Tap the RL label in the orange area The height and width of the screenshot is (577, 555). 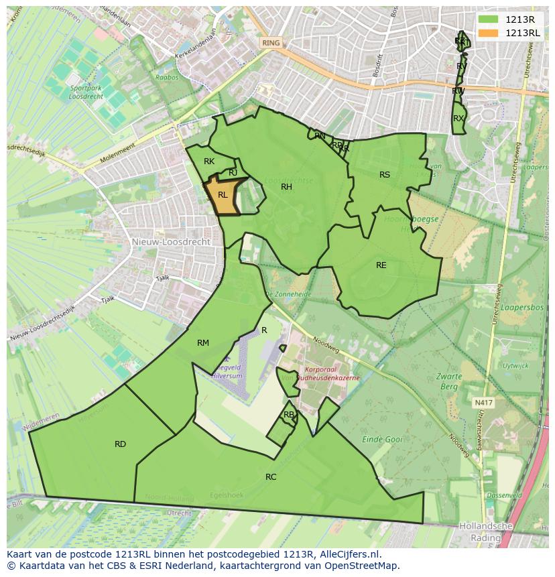click(x=223, y=195)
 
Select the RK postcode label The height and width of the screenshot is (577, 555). click(x=209, y=162)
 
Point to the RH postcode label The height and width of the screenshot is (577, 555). click(x=286, y=187)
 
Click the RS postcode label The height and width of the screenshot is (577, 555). click(x=384, y=175)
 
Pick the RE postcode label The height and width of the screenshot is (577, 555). click(x=381, y=265)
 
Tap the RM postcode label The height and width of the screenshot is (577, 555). click(x=203, y=343)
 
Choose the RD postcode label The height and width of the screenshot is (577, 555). click(x=120, y=444)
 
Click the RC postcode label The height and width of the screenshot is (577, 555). click(x=271, y=477)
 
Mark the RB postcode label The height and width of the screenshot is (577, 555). click(x=288, y=415)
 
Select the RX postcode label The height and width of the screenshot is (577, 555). click(x=458, y=119)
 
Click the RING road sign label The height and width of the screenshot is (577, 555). click(x=271, y=43)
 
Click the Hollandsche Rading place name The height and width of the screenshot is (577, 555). click(x=485, y=532)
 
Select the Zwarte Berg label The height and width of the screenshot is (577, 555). click(x=449, y=382)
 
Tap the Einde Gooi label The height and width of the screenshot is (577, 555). click(x=382, y=440)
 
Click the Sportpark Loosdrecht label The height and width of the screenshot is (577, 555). click(x=86, y=92)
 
